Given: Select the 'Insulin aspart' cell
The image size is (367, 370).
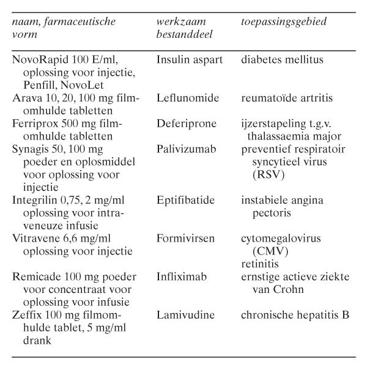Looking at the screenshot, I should pyautogui.click(x=188, y=60).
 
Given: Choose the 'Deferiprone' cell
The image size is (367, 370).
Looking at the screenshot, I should pyautogui.click(x=186, y=124).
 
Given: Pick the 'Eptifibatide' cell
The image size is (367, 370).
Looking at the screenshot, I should pyautogui.click(x=186, y=200).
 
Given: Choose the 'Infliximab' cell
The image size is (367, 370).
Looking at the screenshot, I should pyautogui.click(x=182, y=277).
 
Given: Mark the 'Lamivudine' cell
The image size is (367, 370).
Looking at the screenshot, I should pyautogui.click(x=185, y=316).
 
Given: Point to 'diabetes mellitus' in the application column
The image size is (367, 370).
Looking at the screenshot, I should pyautogui.click(x=282, y=60).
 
